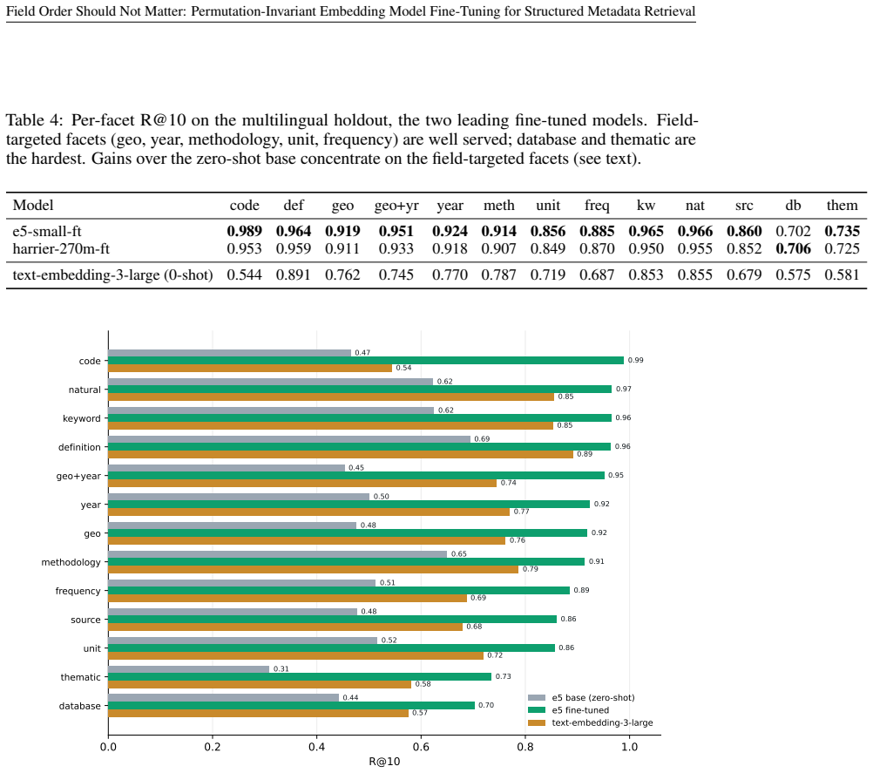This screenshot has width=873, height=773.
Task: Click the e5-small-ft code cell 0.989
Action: tap(245, 231)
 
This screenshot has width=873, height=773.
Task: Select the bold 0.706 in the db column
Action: tap(793, 248)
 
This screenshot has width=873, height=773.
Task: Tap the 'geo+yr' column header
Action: tap(396, 206)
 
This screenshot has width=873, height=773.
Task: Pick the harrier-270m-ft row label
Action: tap(61, 248)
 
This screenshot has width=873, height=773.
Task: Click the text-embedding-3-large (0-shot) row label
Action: tap(113, 275)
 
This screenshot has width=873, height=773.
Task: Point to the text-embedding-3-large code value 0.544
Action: tap(245, 275)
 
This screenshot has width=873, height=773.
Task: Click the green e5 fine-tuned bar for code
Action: tap(366, 360)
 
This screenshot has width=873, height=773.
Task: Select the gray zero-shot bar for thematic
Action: tap(189, 669)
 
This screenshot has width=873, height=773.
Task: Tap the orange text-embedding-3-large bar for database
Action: tap(259, 713)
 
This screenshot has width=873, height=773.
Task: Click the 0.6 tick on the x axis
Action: tap(421, 747)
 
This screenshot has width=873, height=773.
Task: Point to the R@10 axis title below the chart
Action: tap(384, 762)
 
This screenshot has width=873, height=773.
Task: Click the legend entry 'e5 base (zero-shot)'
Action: tap(593, 698)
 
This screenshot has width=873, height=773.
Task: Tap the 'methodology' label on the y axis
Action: tap(71, 562)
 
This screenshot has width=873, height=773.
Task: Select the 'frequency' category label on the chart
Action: tap(78, 592)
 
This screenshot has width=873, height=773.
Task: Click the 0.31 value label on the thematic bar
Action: tap(281, 668)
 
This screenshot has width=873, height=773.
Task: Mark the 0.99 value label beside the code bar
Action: tap(636, 360)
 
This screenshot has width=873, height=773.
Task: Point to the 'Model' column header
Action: tap(33, 206)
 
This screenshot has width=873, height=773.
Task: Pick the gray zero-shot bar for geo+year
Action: tap(227, 468)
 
